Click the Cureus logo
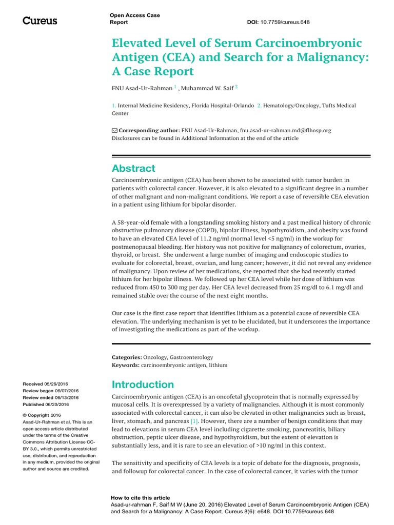coord(40,21)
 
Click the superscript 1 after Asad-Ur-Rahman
coord(175,87)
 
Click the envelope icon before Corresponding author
coord(114,131)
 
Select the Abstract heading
coord(133,168)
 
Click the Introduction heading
coord(143,384)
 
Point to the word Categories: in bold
coord(127,357)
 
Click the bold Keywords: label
coord(126,365)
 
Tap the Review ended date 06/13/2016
coord(67,397)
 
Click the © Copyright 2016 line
coord(42,415)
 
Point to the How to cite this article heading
coord(140,498)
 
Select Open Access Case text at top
coord(135,15)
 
